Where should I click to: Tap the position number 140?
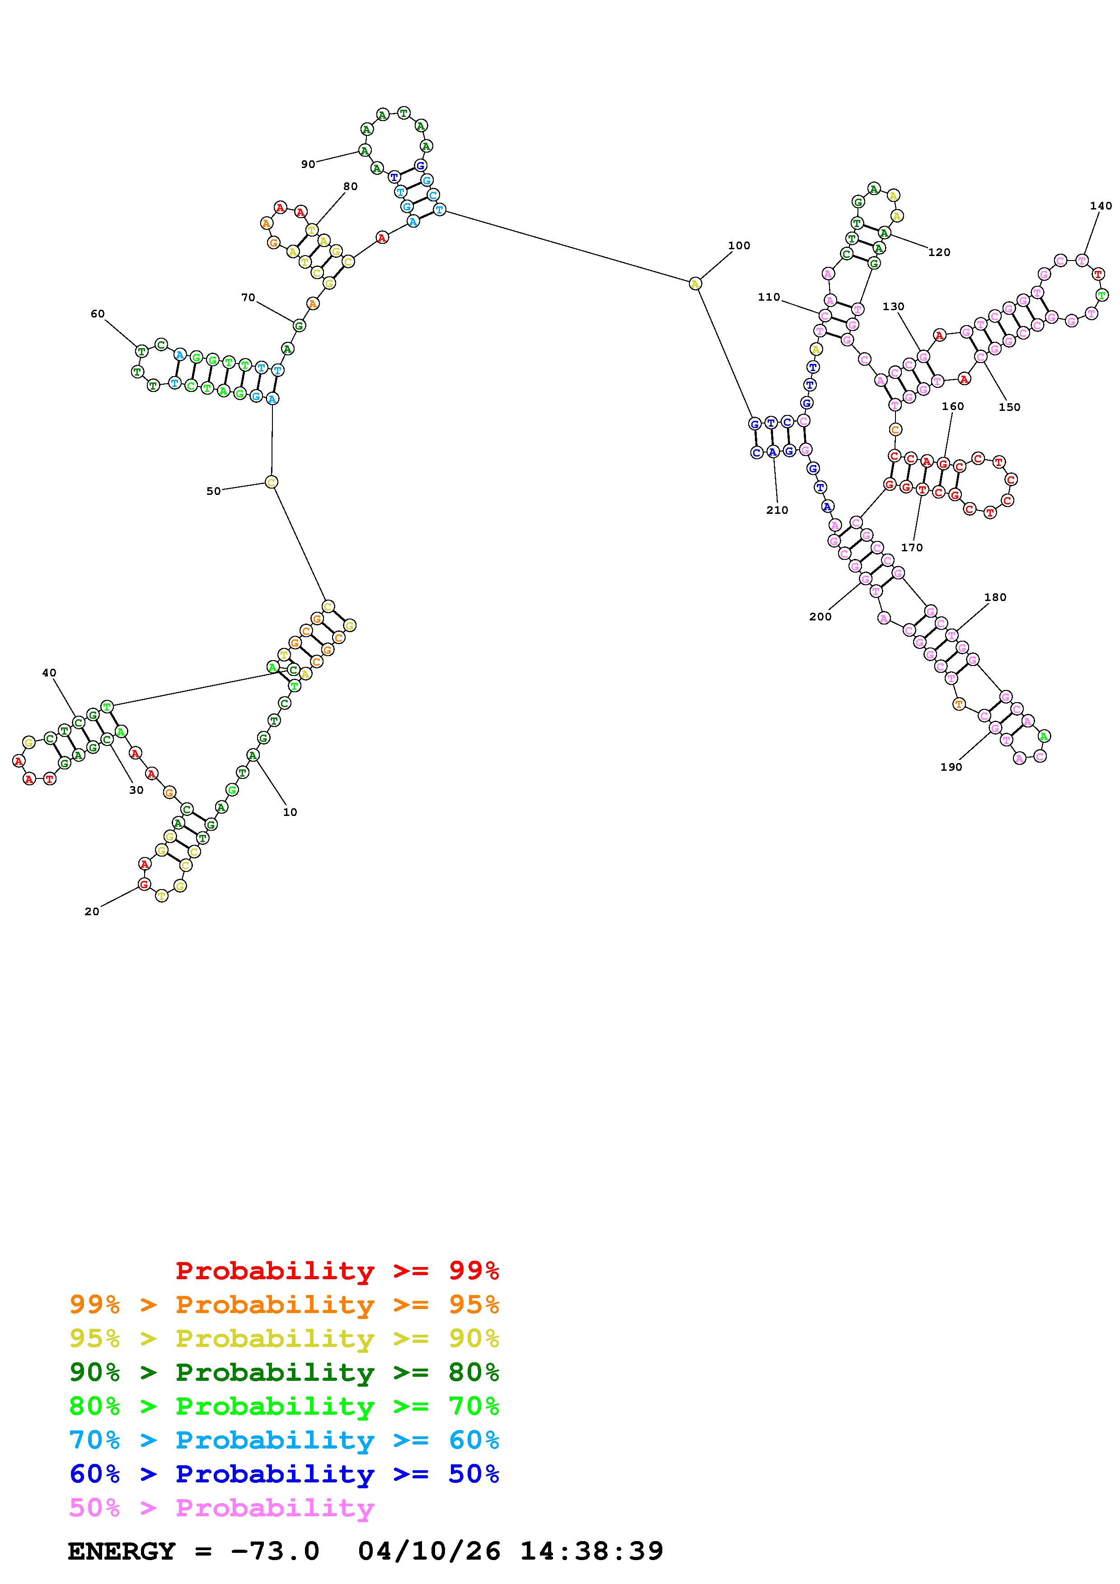[1101, 205]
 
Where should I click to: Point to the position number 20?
[92, 911]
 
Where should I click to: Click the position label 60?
[97, 313]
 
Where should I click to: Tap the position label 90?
[308, 164]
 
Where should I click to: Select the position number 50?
[213, 491]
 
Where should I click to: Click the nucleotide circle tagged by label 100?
[695, 283]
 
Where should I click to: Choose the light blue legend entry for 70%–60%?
[284, 1440]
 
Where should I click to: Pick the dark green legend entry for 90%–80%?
[284, 1373]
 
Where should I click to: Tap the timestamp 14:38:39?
[591, 1551]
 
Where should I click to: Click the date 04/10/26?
[429, 1551]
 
